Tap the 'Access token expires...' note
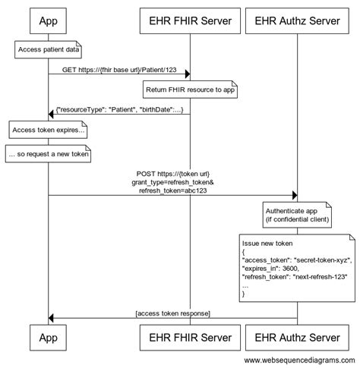(49, 131)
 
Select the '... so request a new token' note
(49, 155)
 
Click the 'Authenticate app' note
(297, 214)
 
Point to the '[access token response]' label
(172, 313)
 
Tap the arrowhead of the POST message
(292, 195)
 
